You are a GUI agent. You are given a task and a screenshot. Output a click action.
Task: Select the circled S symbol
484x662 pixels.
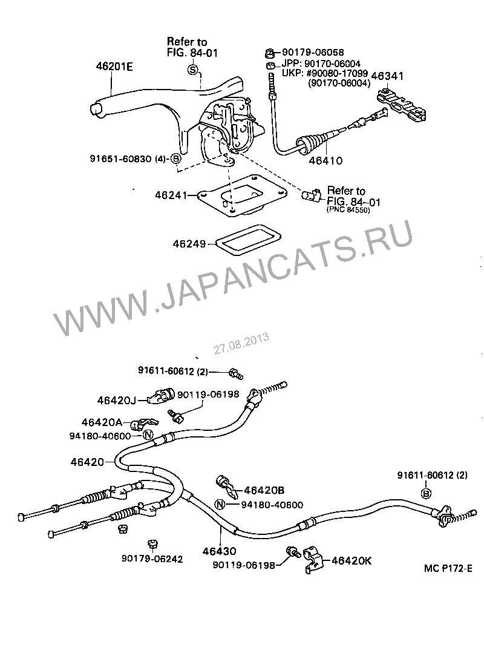coord(193,71)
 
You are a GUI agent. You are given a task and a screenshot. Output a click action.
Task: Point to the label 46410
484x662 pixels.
coord(325,161)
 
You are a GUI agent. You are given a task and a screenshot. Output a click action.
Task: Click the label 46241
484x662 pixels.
coord(174,195)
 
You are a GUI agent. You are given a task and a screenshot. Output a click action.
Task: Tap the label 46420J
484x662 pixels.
coord(117,399)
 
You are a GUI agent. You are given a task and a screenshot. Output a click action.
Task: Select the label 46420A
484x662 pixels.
coord(102,421)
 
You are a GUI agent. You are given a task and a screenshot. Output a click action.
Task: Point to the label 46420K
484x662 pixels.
coord(352,561)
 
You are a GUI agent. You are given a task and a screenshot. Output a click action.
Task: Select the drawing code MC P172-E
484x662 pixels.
coord(448,569)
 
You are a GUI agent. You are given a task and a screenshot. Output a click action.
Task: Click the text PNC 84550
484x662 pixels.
coord(348,210)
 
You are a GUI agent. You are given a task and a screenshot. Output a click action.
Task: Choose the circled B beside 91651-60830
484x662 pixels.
coord(176,159)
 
